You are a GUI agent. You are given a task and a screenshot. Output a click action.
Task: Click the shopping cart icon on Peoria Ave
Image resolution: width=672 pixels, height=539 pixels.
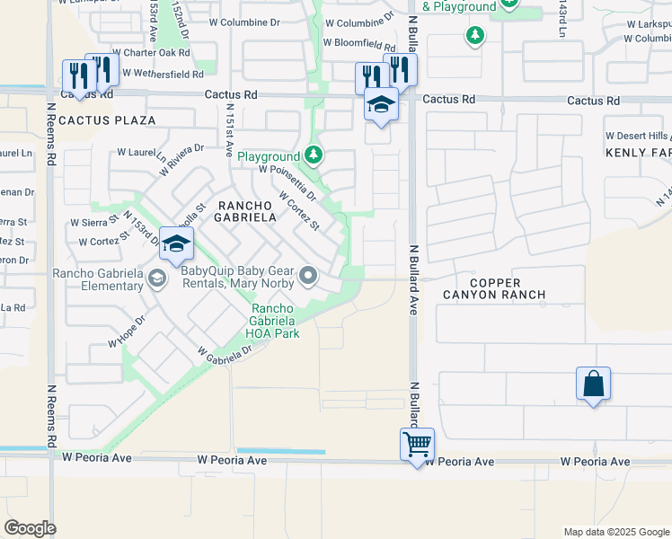click(418, 443)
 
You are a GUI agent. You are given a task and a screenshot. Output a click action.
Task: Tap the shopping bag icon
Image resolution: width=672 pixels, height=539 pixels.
click(594, 384)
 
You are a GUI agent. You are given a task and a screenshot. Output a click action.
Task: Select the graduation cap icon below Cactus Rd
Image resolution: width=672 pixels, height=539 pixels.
click(381, 104)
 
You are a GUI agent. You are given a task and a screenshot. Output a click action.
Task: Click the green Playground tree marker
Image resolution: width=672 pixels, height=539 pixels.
click(313, 156)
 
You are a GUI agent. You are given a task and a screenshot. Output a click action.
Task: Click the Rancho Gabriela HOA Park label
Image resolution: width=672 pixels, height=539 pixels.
click(274, 321)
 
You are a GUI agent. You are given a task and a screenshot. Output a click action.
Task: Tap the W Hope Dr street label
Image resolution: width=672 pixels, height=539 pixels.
click(127, 331)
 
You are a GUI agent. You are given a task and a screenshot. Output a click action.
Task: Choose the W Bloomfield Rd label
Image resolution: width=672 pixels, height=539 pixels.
click(359, 42)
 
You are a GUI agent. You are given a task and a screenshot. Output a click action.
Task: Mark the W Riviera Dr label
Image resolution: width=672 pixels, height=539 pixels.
click(181, 160)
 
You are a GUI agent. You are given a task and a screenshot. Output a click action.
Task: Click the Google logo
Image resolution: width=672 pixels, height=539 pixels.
click(30, 528)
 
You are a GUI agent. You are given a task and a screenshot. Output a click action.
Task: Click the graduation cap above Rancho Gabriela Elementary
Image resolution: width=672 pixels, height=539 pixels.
click(177, 243)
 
